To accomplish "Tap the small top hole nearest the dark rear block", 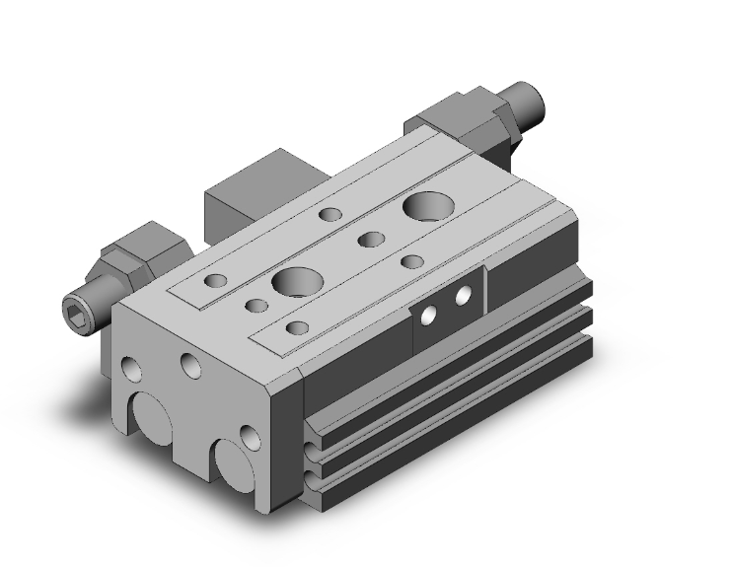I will pos(331,213).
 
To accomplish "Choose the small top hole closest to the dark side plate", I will pos(413,261).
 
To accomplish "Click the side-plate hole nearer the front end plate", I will pos(428,316).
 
